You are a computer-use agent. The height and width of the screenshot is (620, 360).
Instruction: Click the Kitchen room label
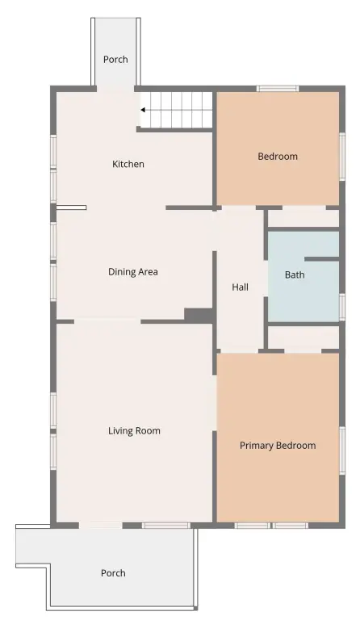point(128,164)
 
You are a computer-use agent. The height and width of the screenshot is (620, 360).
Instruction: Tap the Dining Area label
point(132,271)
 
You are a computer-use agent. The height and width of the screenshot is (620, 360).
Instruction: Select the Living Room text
point(134,430)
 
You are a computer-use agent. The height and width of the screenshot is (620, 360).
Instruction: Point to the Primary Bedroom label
point(278,446)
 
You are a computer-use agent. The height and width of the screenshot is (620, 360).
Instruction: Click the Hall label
point(240,287)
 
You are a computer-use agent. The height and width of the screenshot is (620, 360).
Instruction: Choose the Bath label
point(295,274)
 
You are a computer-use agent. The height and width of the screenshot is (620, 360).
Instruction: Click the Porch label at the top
point(115,59)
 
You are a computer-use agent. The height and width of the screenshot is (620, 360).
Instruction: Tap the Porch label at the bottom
point(113,573)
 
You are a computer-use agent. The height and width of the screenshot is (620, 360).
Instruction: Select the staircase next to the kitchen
point(177,110)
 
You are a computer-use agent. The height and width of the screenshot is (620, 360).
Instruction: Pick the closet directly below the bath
point(303,337)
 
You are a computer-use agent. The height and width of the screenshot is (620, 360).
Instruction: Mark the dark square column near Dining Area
point(199,315)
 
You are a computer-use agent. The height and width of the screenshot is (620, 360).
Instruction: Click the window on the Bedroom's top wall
point(278,89)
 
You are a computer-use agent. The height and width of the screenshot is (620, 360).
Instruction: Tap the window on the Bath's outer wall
point(342,307)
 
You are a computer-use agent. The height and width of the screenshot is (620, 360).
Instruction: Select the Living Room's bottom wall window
point(166,526)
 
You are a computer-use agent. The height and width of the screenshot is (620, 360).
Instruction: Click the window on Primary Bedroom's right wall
point(342,450)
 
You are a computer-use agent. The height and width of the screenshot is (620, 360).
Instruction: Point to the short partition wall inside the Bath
point(322,259)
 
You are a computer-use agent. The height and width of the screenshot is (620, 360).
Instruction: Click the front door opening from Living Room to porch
point(100,526)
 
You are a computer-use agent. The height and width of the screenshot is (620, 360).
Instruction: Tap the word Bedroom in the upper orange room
point(278,156)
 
